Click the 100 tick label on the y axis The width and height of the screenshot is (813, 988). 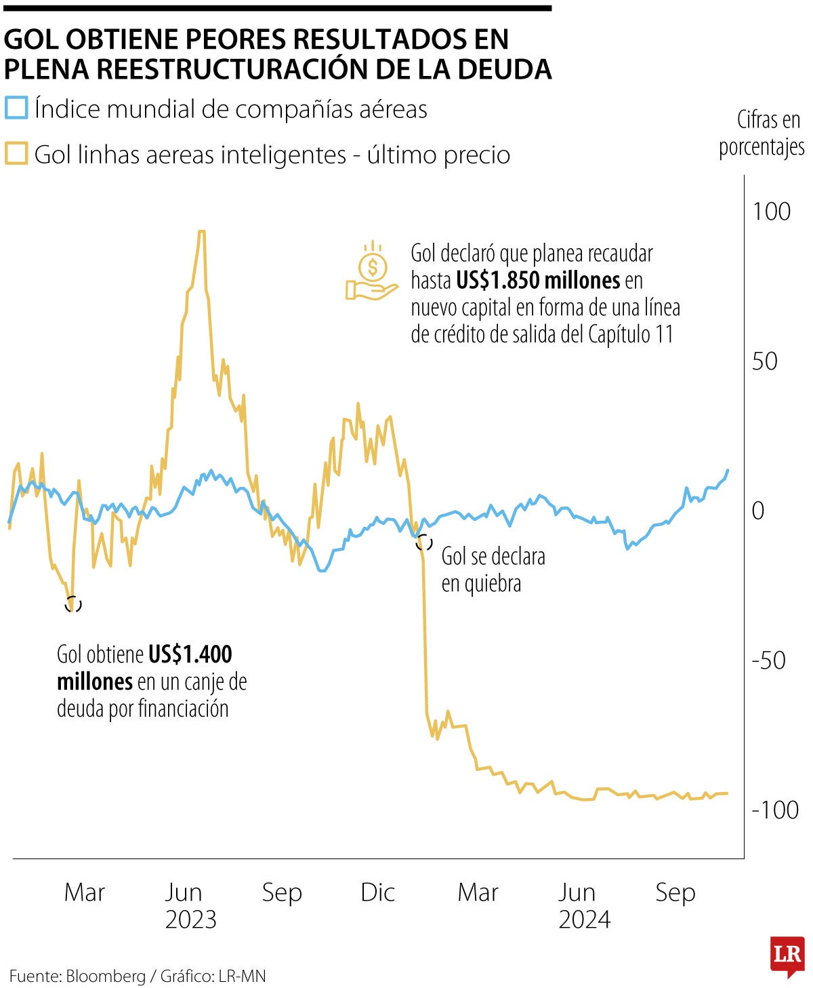pyautogui.click(x=771, y=212)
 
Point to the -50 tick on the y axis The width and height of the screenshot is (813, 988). pyautogui.click(x=768, y=660)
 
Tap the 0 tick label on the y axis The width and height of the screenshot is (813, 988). pyautogui.click(x=758, y=511)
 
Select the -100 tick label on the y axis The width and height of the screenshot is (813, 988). pyautogui.click(x=775, y=810)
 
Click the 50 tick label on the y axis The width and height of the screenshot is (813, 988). pyautogui.click(x=764, y=361)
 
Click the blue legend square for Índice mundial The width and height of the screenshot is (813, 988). pyautogui.click(x=16, y=108)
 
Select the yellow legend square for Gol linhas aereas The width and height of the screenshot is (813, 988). pyautogui.click(x=16, y=154)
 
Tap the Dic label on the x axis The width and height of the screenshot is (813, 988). pyautogui.click(x=377, y=892)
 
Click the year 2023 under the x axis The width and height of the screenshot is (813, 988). pyautogui.click(x=190, y=920)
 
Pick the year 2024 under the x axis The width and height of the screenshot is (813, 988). pyautogui.click(x=584, y=920)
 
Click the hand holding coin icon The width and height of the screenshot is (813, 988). pyautogui.click(x=371, y=273)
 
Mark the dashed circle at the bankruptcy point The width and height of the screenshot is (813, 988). pyautogui.click(x=424, y=542)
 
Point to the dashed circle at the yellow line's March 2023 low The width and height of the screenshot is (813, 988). pyautogui.click(x=73, y=604)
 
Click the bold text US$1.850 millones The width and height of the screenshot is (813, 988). pyautogui.click(x=538, y=280)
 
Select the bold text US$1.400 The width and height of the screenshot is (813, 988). pyautogui.click(x=190, y=654)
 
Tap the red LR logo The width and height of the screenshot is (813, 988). pyautogui.click(x=787, y=956)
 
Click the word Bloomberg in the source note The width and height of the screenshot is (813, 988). pyautogui.click(x=106, y=976)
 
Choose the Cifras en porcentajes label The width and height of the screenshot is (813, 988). pyautogui.click(x=762, y=134)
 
